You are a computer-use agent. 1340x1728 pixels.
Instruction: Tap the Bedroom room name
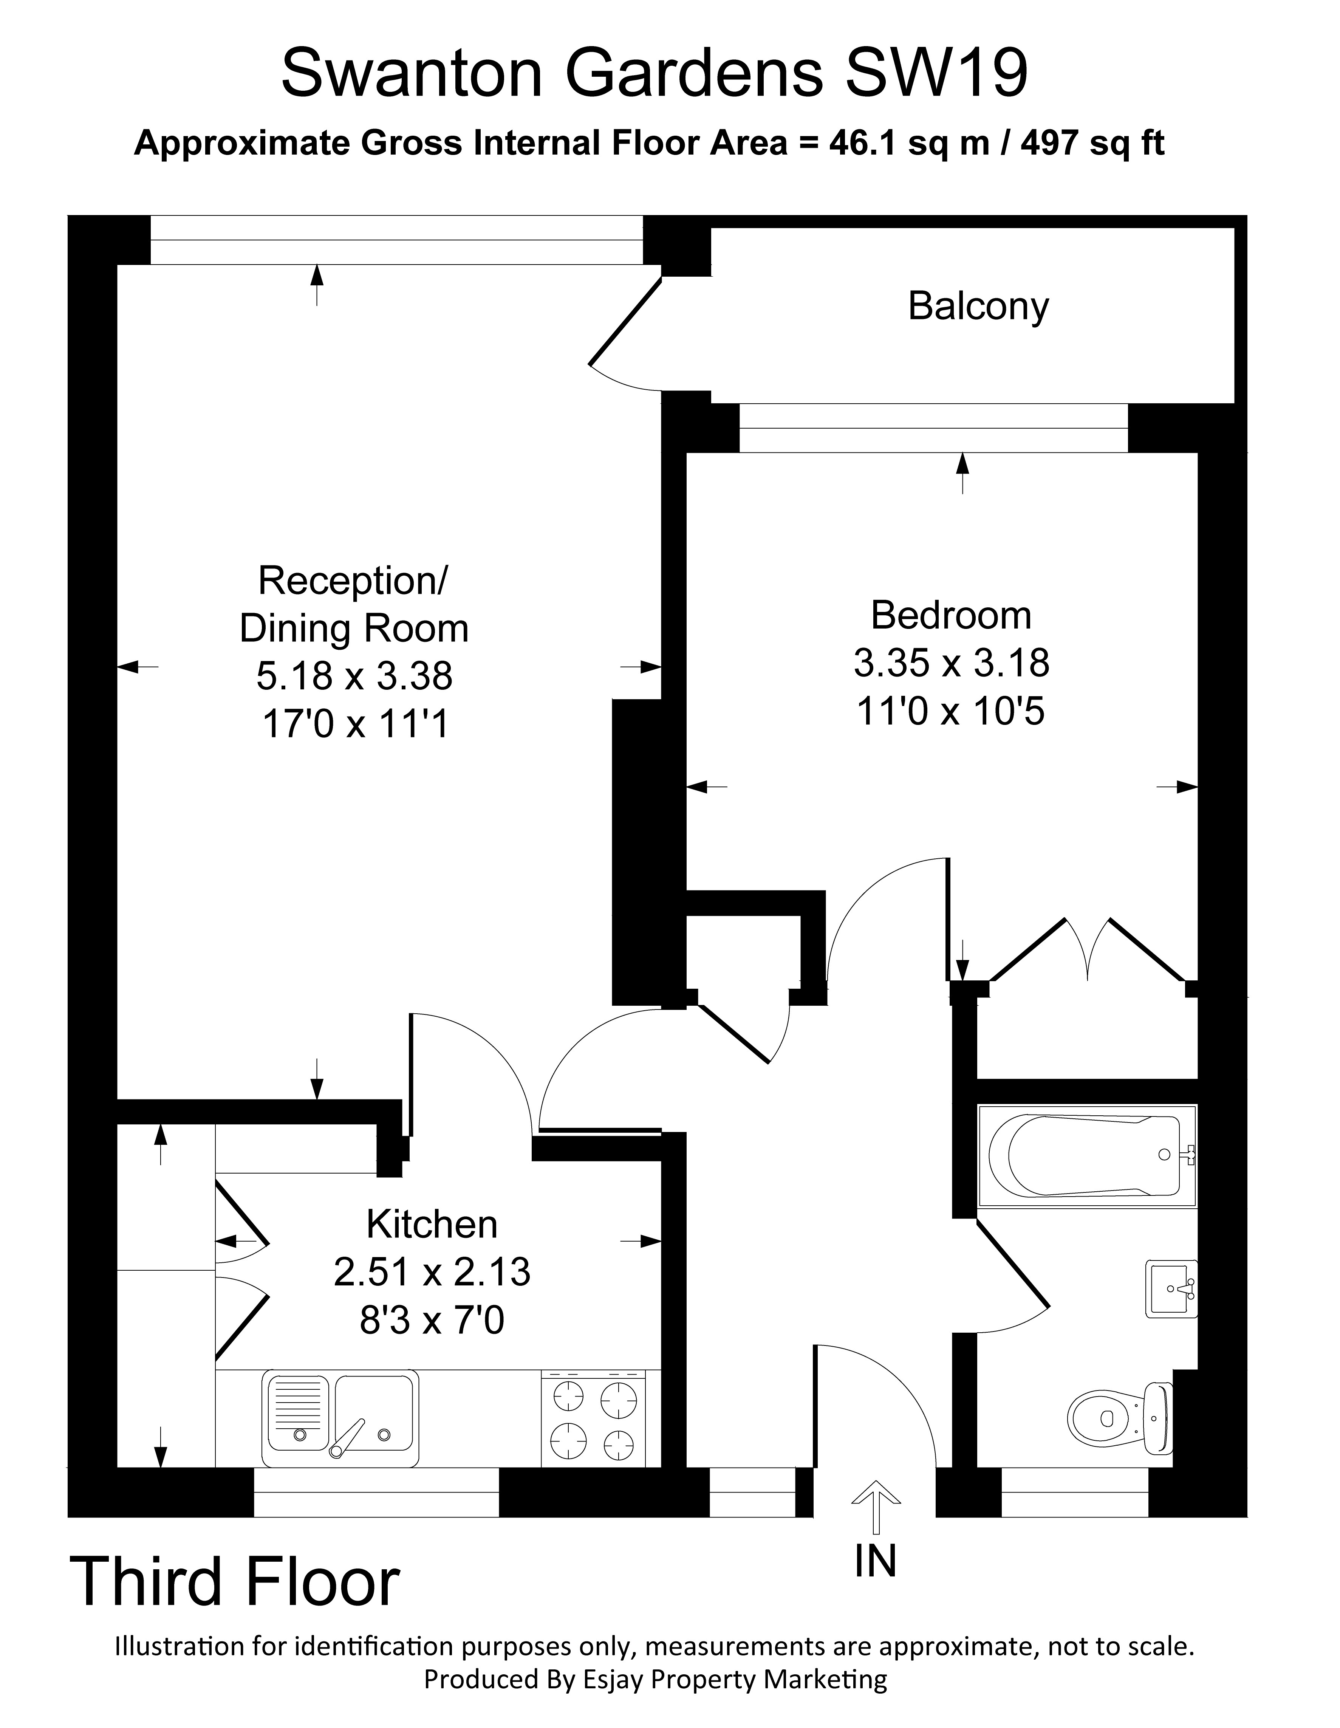[x=951, y=615]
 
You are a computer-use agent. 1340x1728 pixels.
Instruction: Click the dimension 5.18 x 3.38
[x=354, y=676]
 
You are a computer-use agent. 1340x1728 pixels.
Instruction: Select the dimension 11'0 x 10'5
[x=951, y=711]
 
